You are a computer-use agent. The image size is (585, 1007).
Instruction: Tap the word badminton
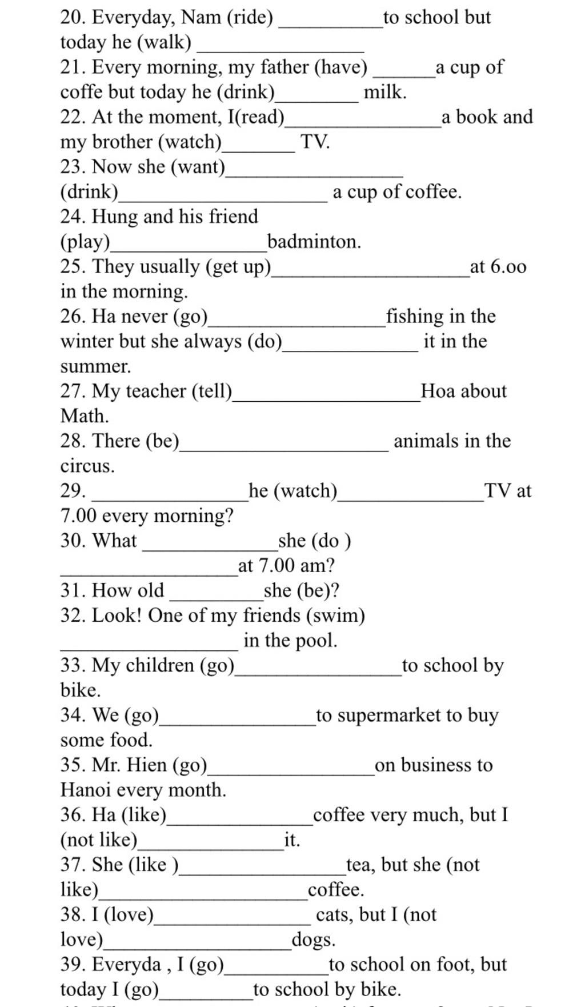click(313, 242)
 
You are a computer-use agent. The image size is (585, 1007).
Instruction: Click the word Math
click(83, 416)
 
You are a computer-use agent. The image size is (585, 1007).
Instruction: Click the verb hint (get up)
click(239, 267)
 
